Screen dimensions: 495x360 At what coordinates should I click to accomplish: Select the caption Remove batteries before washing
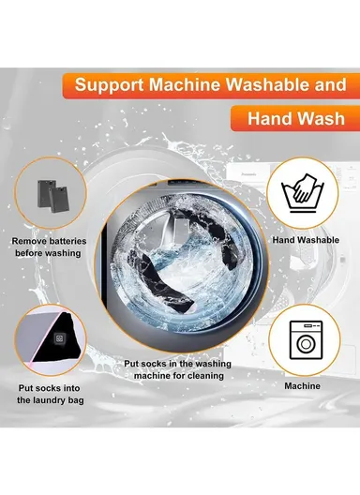pyautogui.click(x=50, y=247)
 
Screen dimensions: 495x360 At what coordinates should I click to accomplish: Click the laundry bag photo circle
pyautogui.click(x=51, y=337)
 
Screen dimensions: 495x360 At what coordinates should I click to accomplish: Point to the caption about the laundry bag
pyautogui.click(x=51, y=393)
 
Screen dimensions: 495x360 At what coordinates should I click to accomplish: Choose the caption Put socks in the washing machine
pyautogui.click(x=174, y=369)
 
